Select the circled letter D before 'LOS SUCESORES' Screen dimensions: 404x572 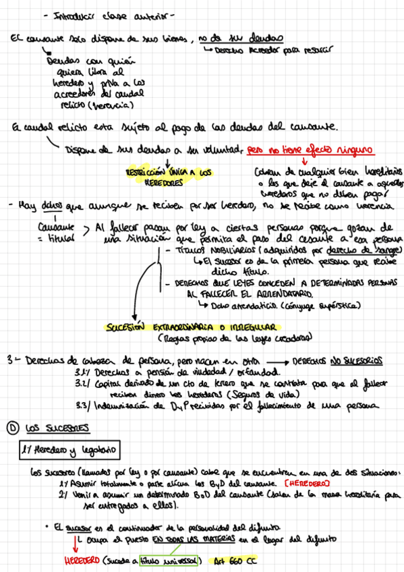12,427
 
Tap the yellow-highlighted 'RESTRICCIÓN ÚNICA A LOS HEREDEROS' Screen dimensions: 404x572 169,177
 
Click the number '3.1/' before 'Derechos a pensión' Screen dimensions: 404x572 87,372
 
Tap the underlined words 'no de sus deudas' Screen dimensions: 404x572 241,38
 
